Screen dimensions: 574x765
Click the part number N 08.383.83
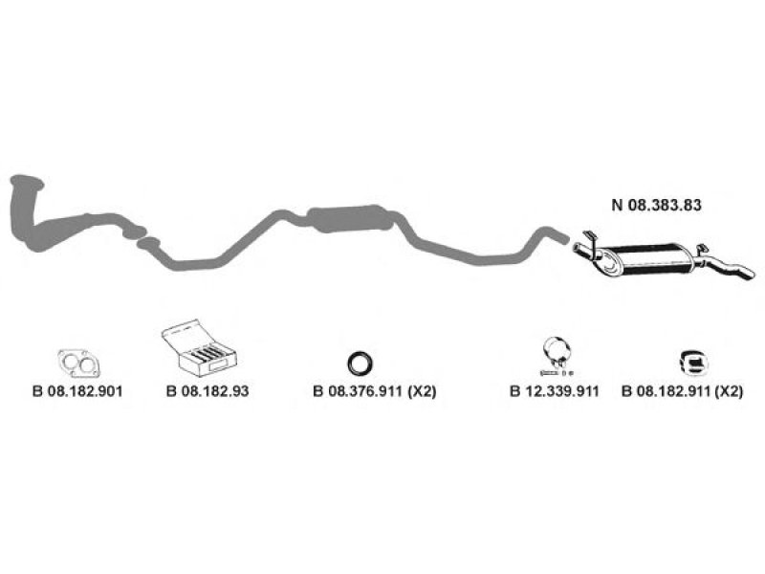[655, 204]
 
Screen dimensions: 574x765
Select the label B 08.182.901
[77, 391]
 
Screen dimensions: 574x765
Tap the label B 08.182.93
[207, 391]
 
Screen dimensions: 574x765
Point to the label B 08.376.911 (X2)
[361, 391]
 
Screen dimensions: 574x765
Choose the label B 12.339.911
[553, 391]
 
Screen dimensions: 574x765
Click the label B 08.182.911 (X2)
[682, 391]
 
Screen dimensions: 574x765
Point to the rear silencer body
[655, 260]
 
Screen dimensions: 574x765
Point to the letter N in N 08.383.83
[617, 204]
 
